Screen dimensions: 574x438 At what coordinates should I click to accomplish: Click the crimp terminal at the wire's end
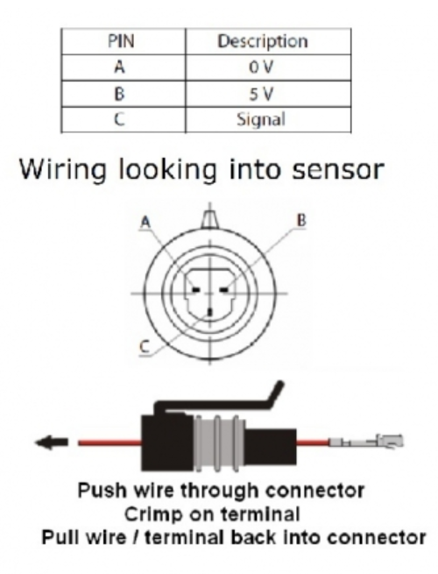coord(382,443)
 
